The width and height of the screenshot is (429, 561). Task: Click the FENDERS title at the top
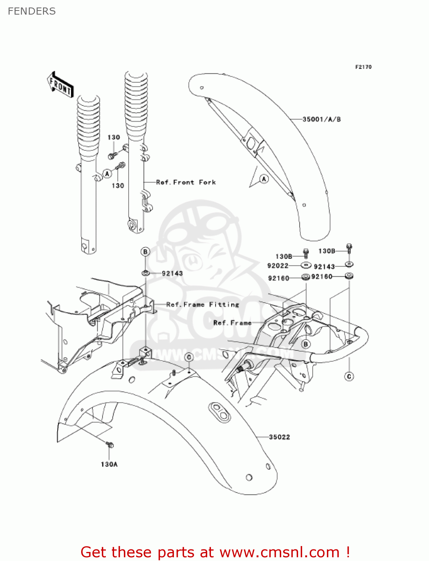pyautogui.click(x=31, y=11)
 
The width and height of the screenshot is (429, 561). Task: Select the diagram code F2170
pyautogui.click(x=363, y=67)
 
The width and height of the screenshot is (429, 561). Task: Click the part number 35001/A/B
pyautogui.click(x=321, y=119)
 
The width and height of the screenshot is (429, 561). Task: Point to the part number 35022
pyautogui.click(x=279, y=437)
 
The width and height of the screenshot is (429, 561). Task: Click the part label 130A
pyautogui.click(x=109, y=464)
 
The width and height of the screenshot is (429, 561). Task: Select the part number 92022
pyautogui.click(x=278, y=266)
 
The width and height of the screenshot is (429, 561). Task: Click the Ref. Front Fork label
pyautogui.click(x=186, y=182)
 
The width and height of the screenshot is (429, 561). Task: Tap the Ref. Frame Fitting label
pyautogui.click(x=202, y=304)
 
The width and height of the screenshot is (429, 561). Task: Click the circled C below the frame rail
pyautogui.click(x=349, y=376)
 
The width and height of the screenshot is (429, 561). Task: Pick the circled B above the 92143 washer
pyautogui.click(x=145, y=252)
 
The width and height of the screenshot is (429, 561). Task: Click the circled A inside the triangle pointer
pyautogui.click(x=264, y=179)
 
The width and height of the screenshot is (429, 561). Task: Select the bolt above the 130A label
pyautogui.click(x=110, y=445)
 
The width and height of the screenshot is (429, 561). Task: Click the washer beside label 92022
pyautogui.click(x=306, y=265)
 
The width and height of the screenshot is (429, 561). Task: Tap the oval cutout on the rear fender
pyautogui.click(x=220, y=411)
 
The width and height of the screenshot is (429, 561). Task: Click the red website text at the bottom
pyautogui.click(x=215, y=552)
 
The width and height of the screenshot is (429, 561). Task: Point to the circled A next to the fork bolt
pyautogui.click(x=107, y=174)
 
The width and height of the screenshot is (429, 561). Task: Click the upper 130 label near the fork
pyautogui.click(x=114, y=137)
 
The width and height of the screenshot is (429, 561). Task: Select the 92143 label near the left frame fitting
pyautogui.click(x=172, y=273)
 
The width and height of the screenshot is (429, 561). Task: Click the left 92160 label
pyautogui.click(x=279, y=278)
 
